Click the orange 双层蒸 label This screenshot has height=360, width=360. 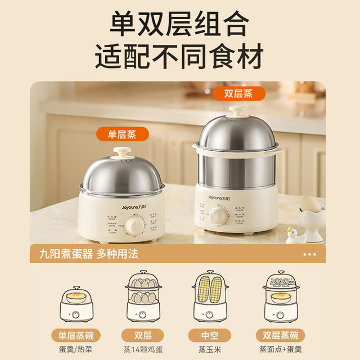tap(239, 93)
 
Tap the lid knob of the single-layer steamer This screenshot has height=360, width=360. tap(121, 154)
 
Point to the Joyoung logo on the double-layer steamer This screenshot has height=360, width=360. tap(215, 198)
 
